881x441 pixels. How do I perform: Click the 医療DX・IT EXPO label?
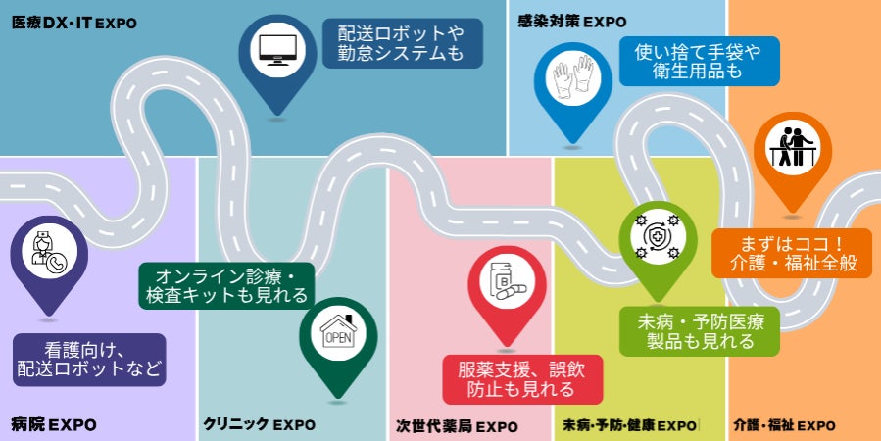[x=74, y=24]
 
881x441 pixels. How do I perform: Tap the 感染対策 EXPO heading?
[x=572, y=22]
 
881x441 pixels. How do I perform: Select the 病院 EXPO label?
[x=54, y=424]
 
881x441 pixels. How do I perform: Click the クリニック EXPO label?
[x=259, y=424]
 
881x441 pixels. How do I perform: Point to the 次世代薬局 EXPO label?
[x=457, y=426]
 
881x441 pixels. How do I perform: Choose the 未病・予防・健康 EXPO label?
[x=630, y=426]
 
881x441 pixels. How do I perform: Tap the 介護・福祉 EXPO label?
[x=784, y=426]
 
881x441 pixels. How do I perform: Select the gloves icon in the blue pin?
[x=572, y=78]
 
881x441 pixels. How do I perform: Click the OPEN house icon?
[x=338, y=332]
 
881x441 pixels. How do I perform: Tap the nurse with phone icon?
[x=49, y=251]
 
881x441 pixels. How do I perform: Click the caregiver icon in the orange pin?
[x=792, y=147]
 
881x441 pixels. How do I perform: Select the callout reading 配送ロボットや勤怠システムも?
[x=403, y=43]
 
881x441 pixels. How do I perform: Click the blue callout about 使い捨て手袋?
[x=699, y=61]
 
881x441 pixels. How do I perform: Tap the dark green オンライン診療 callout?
[x=226, y=285]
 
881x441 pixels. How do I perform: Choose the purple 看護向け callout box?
[x=89, y=360]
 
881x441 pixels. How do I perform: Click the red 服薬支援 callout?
[x=522, y=379]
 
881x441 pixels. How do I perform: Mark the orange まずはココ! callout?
[x=792, y=253]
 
